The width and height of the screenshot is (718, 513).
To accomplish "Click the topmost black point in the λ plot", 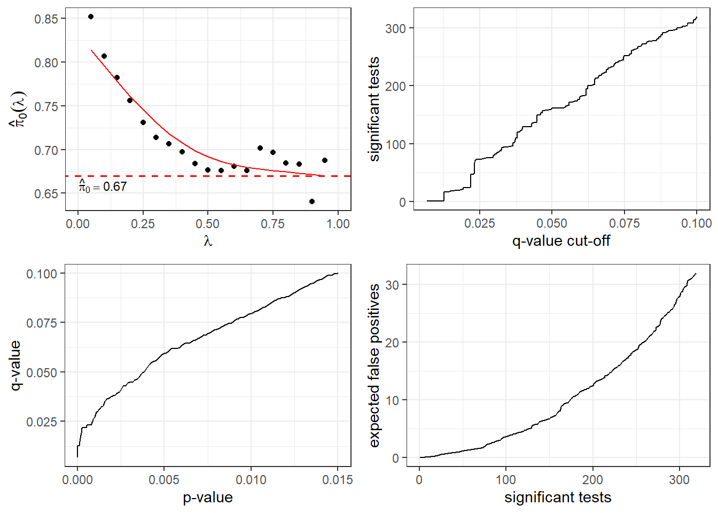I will click(x=91, y=17).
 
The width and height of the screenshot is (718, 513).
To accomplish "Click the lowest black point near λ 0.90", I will click(x=312, y=201).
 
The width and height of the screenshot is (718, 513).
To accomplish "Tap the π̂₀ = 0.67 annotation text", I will click(x=103, y=186).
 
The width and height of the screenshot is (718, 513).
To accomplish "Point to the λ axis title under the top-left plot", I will click(x=208, y=241).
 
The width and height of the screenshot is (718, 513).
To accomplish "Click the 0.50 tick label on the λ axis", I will click(x=207, y=224).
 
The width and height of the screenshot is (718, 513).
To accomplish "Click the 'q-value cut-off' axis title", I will click(x=561, y=241).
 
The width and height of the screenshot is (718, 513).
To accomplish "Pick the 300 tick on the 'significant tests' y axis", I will click(x=396, y=28).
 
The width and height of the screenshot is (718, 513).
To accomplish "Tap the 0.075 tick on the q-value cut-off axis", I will click(x=625, y=223).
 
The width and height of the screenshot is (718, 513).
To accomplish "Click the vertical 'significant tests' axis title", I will click(x=374, y=109).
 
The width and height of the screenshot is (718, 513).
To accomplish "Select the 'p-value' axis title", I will click(x=208, y=498).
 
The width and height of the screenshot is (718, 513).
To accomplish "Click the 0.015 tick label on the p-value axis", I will click(x=338, y=480).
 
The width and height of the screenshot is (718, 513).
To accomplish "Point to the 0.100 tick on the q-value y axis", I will click(x=42, y=274).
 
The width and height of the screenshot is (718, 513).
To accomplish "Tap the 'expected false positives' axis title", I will click(x=374, y=366).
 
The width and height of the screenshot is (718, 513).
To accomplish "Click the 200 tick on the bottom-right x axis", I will click(x=592, y=480).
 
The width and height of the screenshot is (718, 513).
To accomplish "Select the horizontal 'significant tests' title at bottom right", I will click(x=558, y=498).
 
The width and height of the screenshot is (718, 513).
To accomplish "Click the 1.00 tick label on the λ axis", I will click(x=338, y=224).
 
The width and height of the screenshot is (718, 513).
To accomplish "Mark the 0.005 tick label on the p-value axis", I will click(x=164, y=480).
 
